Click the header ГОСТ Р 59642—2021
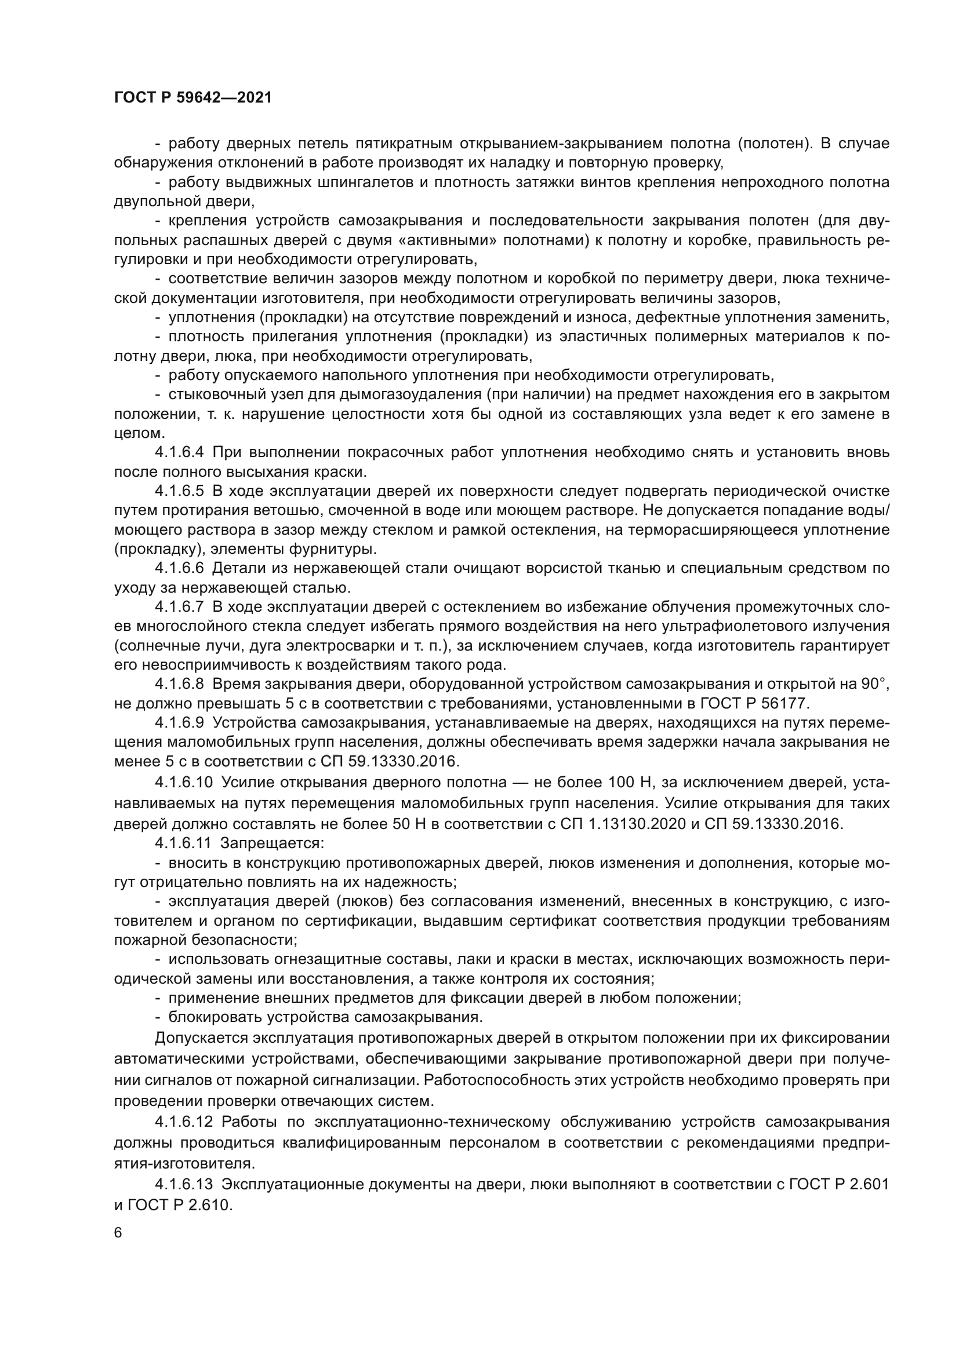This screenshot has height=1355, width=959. [192, 98]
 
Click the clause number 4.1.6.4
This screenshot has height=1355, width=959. [180, 452]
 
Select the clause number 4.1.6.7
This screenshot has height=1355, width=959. [180, 607]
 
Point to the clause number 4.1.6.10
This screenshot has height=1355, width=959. [184, 783]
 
